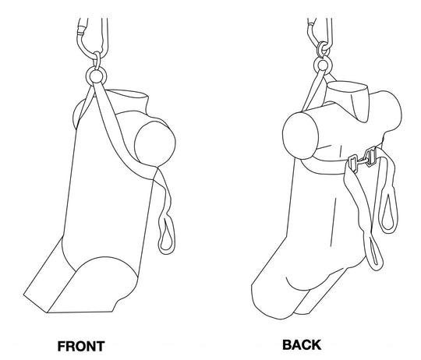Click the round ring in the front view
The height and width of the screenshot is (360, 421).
[x=97, y=76]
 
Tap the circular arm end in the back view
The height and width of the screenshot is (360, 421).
[x=297, y=129]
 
